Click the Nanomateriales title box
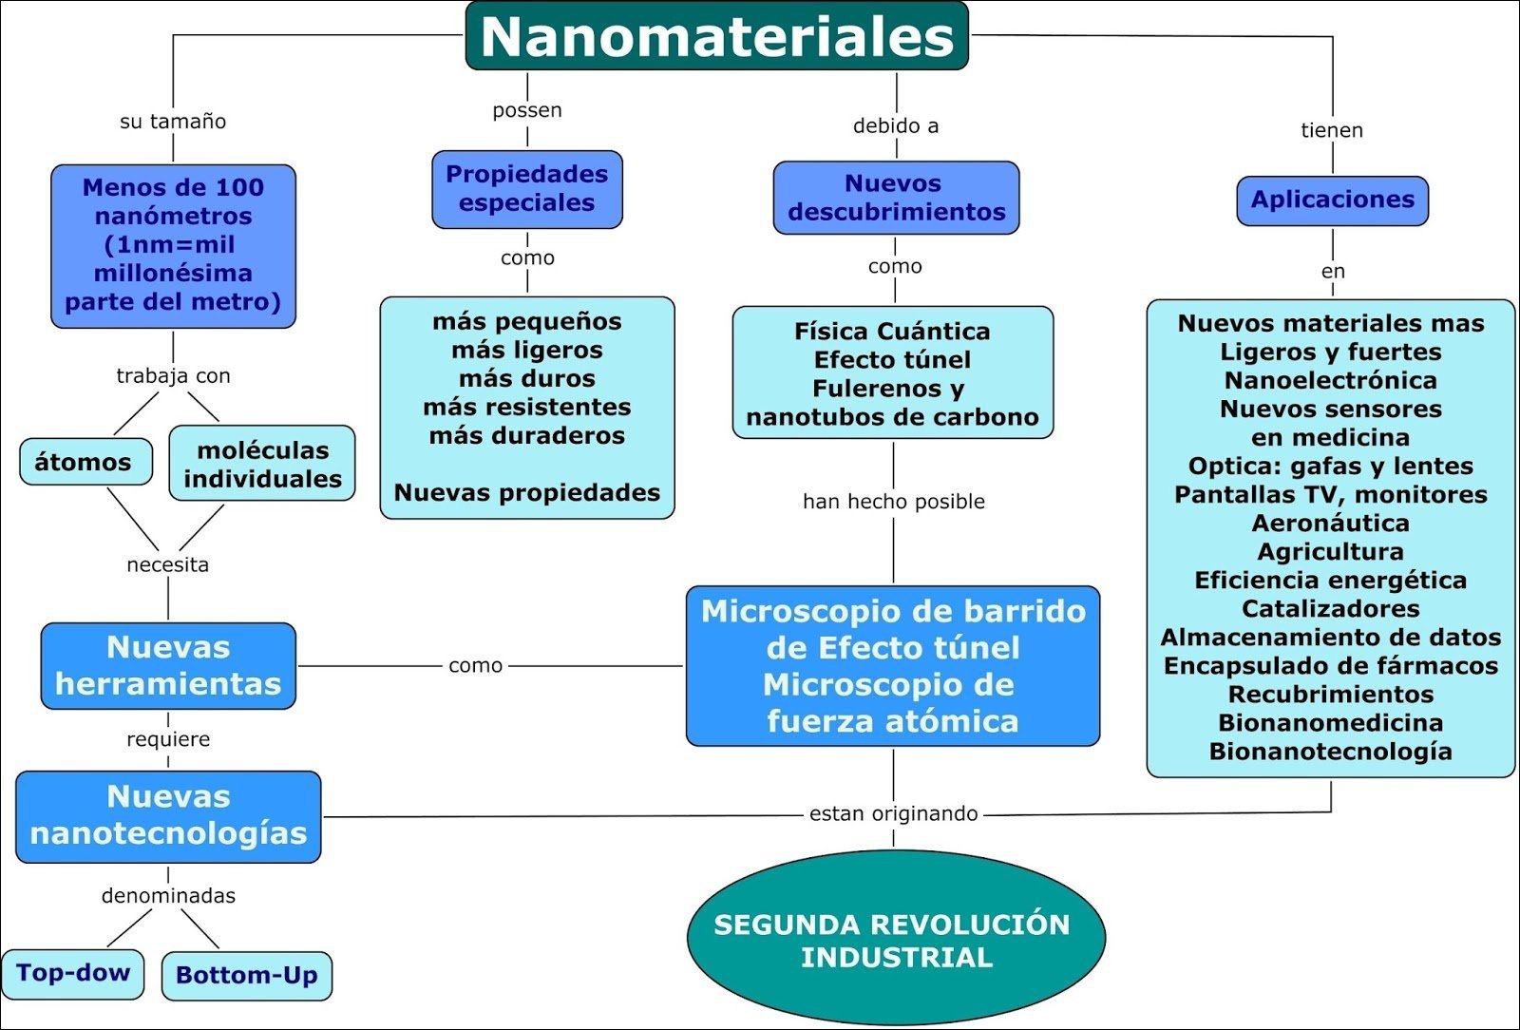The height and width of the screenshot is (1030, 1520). pos(717,36)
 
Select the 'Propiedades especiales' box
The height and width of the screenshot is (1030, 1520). pos(527,189)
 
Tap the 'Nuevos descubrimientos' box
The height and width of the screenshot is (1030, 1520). pos(896,198)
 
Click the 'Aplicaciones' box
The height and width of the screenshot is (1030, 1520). pos(1332,200)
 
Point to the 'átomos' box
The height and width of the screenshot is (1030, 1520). pos(85,463)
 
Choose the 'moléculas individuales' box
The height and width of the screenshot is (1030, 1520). pos(262,464)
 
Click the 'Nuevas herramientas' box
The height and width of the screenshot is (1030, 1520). pos(168,666)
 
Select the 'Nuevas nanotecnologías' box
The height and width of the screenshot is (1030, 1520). pos(168,815)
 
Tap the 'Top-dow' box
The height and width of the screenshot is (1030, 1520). pos(73,973)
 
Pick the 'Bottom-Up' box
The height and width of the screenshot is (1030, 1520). pos(247,976)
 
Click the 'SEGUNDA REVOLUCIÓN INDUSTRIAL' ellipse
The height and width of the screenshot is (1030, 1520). pos(895,940)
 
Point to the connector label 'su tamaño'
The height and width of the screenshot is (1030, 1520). pos(173,122)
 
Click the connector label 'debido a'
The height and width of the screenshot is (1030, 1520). pos(896,125)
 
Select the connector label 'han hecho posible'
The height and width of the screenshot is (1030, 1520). pos(893,502)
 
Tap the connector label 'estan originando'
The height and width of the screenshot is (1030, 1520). pos(893,813)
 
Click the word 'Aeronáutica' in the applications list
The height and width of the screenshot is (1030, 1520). pos(1330,524)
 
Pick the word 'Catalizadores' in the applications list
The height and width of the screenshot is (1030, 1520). pos(1330,609)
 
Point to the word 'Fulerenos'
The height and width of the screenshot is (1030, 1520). pos(863,389)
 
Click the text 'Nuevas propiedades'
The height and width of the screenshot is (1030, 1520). pos(527,493)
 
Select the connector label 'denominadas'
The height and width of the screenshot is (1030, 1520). pos(168,896)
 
